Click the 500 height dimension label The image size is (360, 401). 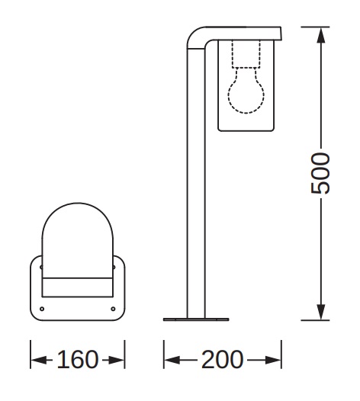pos(320,173)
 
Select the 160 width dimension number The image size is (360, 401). pos(78,359)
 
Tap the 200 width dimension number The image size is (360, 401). pos(222,359)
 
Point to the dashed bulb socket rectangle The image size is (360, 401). pos(246,53)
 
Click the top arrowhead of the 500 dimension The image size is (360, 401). pos(321,35)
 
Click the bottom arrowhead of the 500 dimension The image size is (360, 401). pos(321,312)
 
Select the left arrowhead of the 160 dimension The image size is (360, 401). pos(39,360)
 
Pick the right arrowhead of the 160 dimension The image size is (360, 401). pos(117,360)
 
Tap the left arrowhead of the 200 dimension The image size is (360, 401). pos(172,360)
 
